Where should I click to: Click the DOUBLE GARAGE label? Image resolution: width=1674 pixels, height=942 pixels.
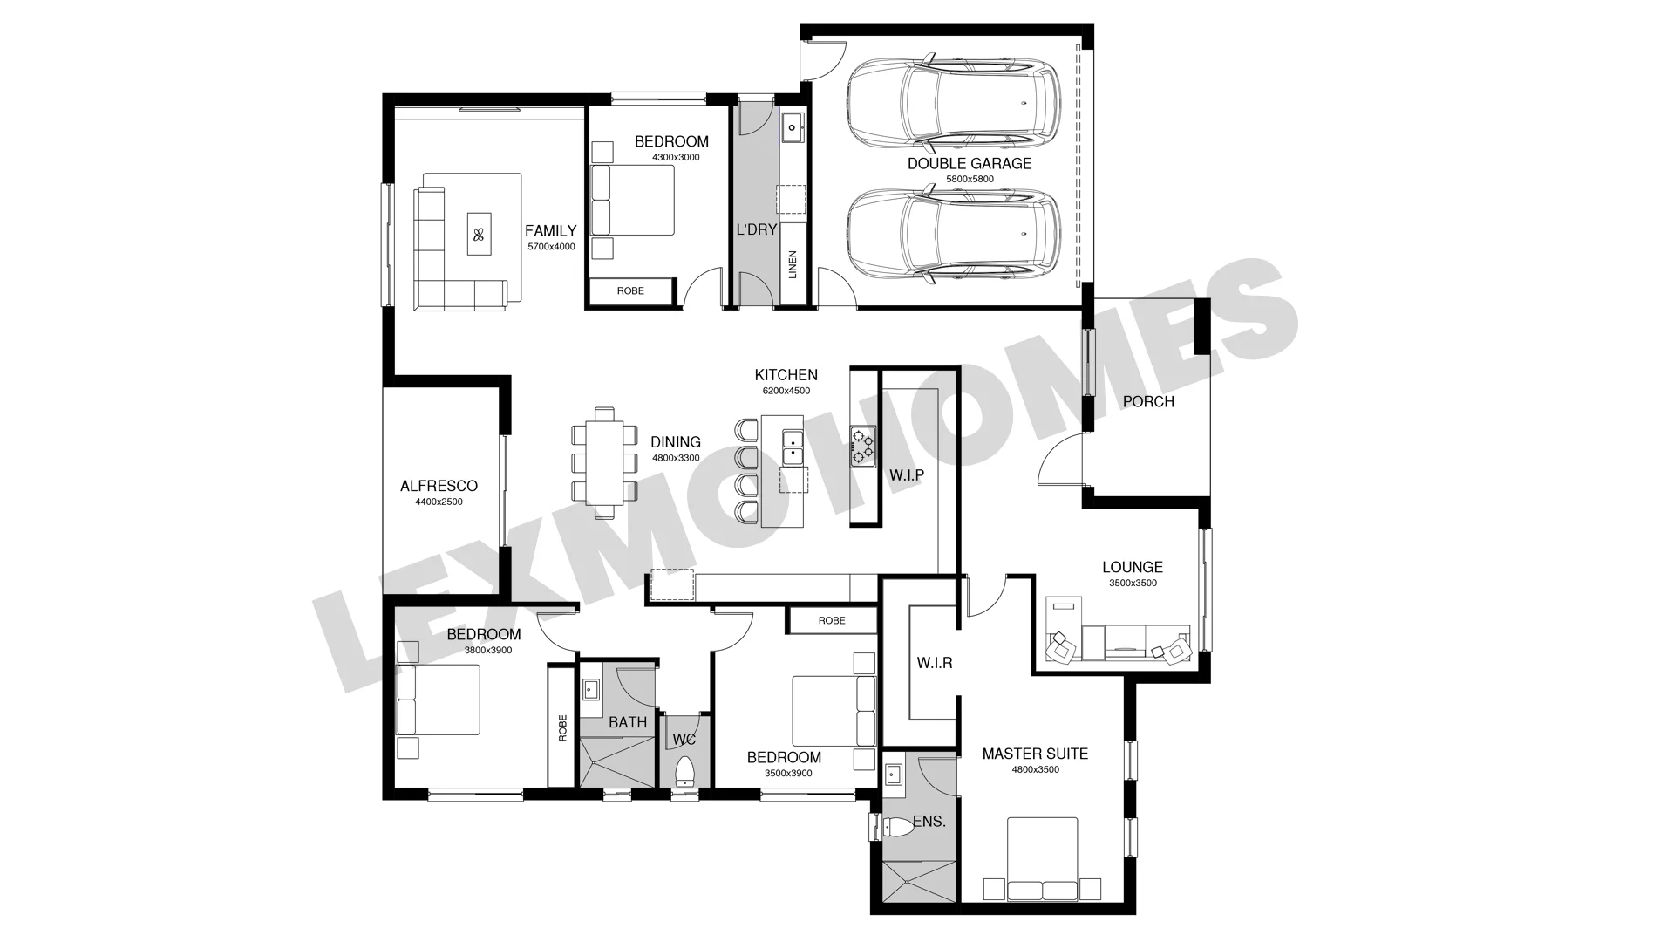pyautogui.click(x=970, y=163)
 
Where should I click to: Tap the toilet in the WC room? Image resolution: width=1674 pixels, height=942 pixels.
pyautogui.click(x=685, y=771)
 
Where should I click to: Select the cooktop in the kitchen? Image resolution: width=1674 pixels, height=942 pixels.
pyautogui.click(x=863, y=446)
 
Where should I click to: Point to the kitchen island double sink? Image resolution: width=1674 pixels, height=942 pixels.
pyautogui.click(x=793, y=447)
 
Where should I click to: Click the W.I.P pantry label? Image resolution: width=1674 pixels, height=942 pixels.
pyautogui.click(x=907, y=475)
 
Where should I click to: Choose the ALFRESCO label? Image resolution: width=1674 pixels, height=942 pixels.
pyautogui.click(x=439, y=486)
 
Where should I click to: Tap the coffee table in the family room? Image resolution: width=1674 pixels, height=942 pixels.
pyautogui.click(x=479, y=234)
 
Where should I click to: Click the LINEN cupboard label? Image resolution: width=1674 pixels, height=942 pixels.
pyautogui.click(x=793, y=264)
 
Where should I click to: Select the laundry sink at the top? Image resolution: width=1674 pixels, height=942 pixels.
pyautogui.click(x=793, y=128)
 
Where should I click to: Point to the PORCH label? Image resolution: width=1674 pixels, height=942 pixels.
pyautogui.click(x=1148, y=401)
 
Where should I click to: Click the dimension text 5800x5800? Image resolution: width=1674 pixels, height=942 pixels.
pyautogui.click(x=970, y=180)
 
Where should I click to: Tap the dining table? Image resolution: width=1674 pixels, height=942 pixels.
pyautogui.click(x=605, y=462)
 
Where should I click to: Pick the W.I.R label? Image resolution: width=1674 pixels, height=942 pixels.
pyautogui.click(x=935, y=663)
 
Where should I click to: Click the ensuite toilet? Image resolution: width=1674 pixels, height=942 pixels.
pyautogui.click(x=897, y=827)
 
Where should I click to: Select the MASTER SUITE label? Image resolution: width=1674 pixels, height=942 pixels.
pyautogui.click(x=1035, y=754)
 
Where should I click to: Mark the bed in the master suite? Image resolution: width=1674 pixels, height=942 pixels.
pyautogui.click(x=1043, y=859)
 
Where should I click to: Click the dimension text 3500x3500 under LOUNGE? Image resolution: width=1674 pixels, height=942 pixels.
pyautogui.click(x=1133, y=584)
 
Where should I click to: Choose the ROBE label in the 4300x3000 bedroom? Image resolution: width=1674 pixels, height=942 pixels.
pyautogui.click(x=630, y=290)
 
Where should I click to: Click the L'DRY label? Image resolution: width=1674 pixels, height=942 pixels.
pyautogui.click(x=756, y=229)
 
